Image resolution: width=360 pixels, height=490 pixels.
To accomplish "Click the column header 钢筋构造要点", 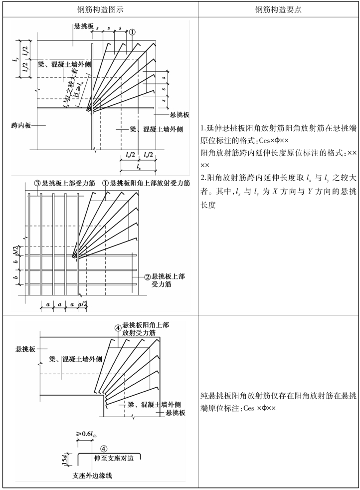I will pyautogui.click(x=278, y=9).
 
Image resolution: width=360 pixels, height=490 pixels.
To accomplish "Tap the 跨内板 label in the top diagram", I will pyautogui.click(x=21, y=125).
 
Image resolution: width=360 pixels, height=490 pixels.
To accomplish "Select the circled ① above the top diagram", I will pyautogui.click(x=133, y=31).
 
